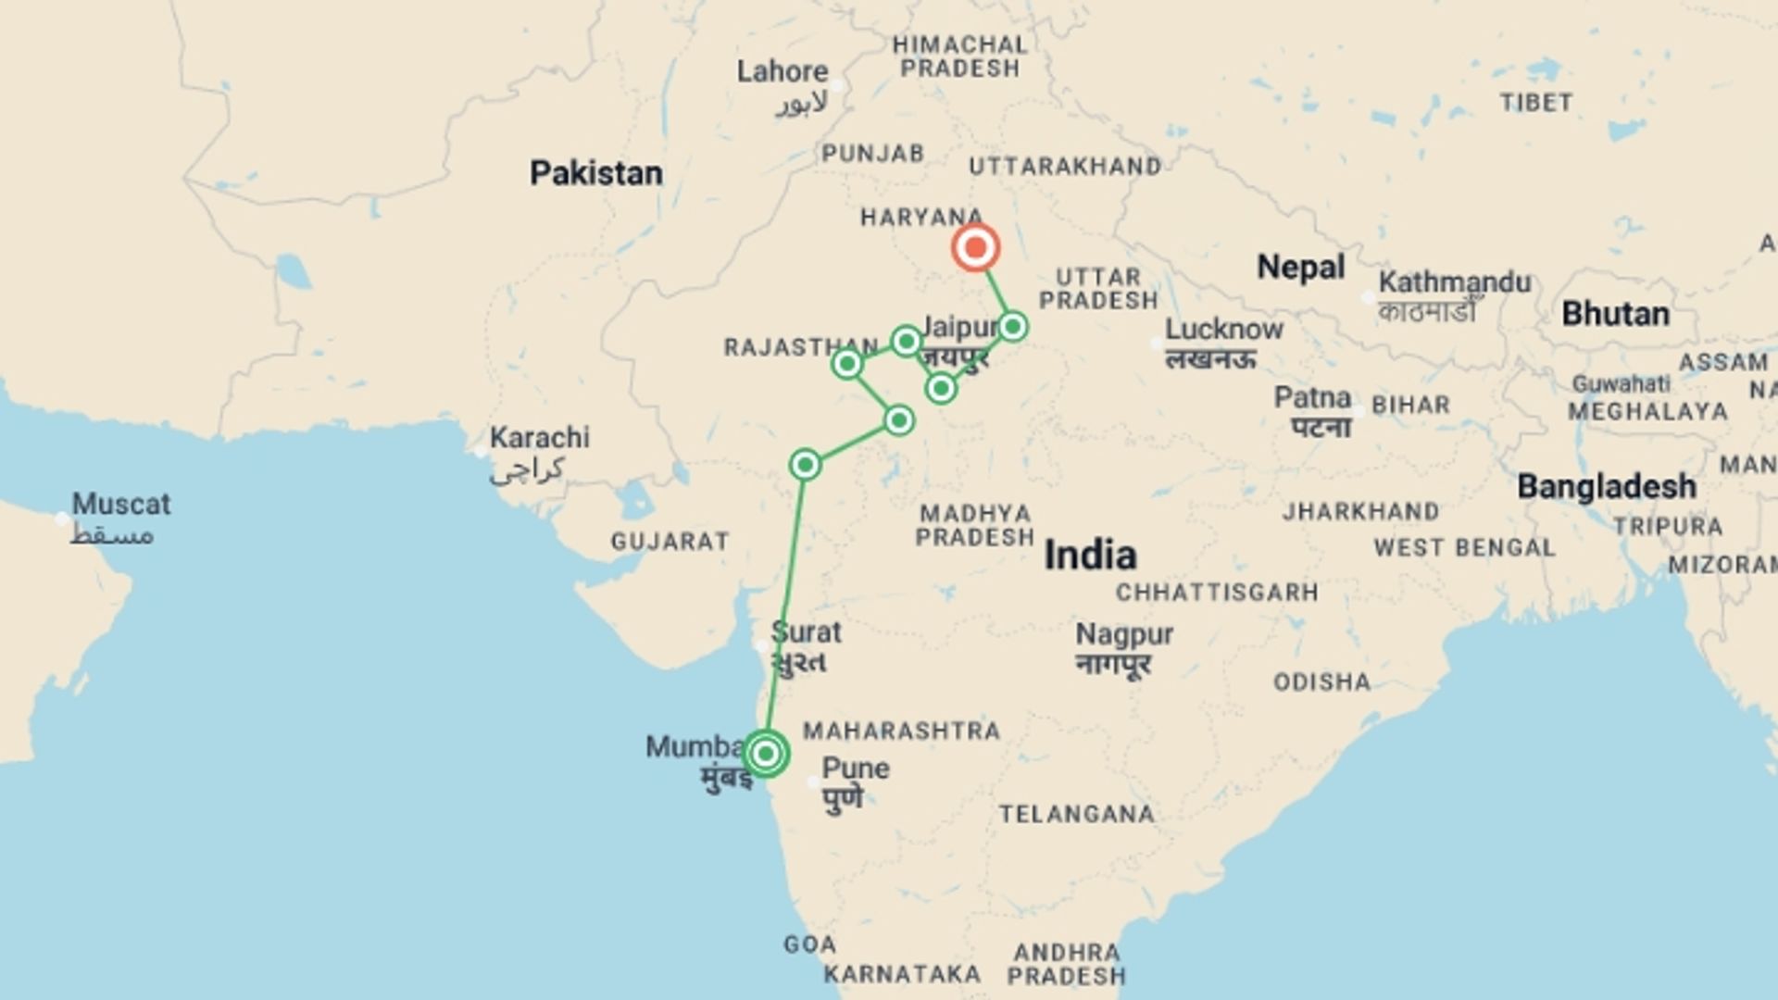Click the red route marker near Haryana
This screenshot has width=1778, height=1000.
(x=975, y=247)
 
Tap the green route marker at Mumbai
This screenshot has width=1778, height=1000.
(x=766, y=753)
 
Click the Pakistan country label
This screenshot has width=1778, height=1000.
(x=595, y=173)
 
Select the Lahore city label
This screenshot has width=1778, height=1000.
(x=783, y=72)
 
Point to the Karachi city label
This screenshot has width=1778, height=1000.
(x=539, y=438)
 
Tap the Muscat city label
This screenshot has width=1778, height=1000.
(x=121, y=505)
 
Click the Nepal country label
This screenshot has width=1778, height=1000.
(x=1300, y=268)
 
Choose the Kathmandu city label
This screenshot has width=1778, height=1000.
(x=1454, y=282)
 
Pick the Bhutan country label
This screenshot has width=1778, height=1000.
(x=1615, y=314)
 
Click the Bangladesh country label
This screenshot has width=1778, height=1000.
(x=1606, y=487)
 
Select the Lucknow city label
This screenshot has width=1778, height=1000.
(x=1223, y=330)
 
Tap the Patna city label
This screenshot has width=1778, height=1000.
(x=1312, y=398)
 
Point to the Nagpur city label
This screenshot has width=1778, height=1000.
(x=1124, y=635)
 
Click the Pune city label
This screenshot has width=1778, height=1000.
(x=856, y=769)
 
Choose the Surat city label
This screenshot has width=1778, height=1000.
(x=806, y=633)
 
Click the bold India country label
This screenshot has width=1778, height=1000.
(x=1090, y=556)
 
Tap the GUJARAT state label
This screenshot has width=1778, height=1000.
(x=670, y=542)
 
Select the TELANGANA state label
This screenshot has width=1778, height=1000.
(x=1077, y=815)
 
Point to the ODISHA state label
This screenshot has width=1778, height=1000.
(x=1321, y=683)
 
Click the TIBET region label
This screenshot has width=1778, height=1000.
(x=1535, y=103)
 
